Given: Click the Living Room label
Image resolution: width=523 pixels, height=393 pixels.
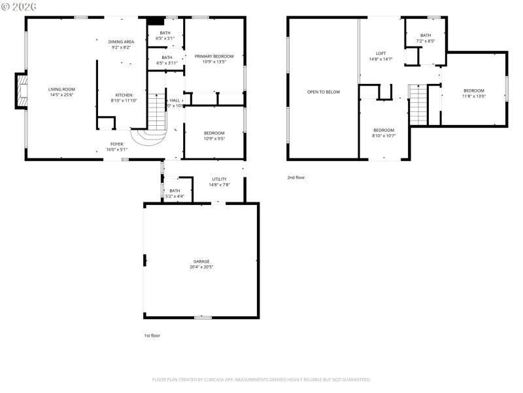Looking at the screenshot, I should (61, 89).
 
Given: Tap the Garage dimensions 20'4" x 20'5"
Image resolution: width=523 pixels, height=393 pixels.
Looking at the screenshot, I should (201, 267).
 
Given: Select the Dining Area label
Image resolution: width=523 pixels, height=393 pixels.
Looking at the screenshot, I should (121, 41).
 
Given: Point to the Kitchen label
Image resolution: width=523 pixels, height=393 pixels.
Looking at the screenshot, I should (124, 94).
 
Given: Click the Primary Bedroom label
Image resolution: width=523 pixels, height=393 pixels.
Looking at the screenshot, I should (214, 56).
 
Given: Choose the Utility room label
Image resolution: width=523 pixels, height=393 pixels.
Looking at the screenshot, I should (219, 179).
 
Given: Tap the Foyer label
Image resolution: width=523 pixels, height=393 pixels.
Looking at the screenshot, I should (116, 143).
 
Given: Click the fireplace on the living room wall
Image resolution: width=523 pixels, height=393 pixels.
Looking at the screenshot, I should (22, 92).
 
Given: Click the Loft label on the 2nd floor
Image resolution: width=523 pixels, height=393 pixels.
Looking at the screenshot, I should (381, 53).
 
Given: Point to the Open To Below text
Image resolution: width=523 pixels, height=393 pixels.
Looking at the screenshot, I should (324, 92).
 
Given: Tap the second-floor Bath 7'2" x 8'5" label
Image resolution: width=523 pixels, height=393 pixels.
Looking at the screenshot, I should (426, 35).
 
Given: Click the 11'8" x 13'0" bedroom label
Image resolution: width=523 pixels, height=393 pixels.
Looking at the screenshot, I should (474, 90).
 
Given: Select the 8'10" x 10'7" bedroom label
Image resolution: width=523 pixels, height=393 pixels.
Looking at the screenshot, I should (384, 130).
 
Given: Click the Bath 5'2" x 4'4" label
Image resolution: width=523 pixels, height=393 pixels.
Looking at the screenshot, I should (175, 191).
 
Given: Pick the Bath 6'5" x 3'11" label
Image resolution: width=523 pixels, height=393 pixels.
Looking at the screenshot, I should (167, 58).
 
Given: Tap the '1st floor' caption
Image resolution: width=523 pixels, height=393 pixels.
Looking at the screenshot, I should (152, 335).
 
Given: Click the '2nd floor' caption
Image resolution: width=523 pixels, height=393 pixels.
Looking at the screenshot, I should (295, 178).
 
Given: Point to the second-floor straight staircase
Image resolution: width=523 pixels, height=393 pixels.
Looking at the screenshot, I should (418, 105).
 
